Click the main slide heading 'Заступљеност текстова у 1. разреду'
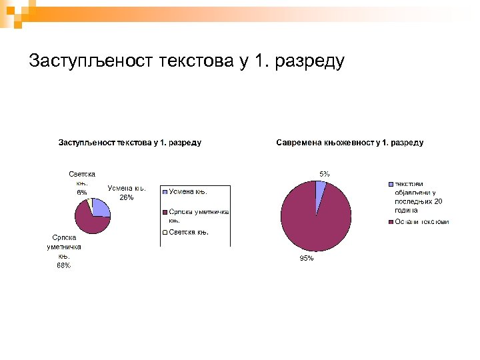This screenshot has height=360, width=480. (x=187, y=61)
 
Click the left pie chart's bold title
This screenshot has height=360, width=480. (x=130, y=142)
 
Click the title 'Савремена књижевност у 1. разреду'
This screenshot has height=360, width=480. (x=349, y=142)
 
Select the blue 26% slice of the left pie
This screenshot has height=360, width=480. (x=100, y=208)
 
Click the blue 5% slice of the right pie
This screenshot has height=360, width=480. (x=320, y=189)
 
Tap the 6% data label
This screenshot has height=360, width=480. (x=81, y=192)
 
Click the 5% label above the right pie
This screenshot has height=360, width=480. (x=323, y=174)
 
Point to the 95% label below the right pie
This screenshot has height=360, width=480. (x=307, y=259)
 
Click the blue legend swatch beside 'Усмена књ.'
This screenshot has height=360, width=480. (x=165, y=191)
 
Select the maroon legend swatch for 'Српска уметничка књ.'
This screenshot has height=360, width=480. (x=165, y=213)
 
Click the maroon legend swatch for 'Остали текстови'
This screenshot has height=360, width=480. (x=391, y=221)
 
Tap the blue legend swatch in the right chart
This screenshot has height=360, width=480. (x=391, y=185)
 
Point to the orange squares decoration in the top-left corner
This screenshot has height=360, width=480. (x=15, y=12)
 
